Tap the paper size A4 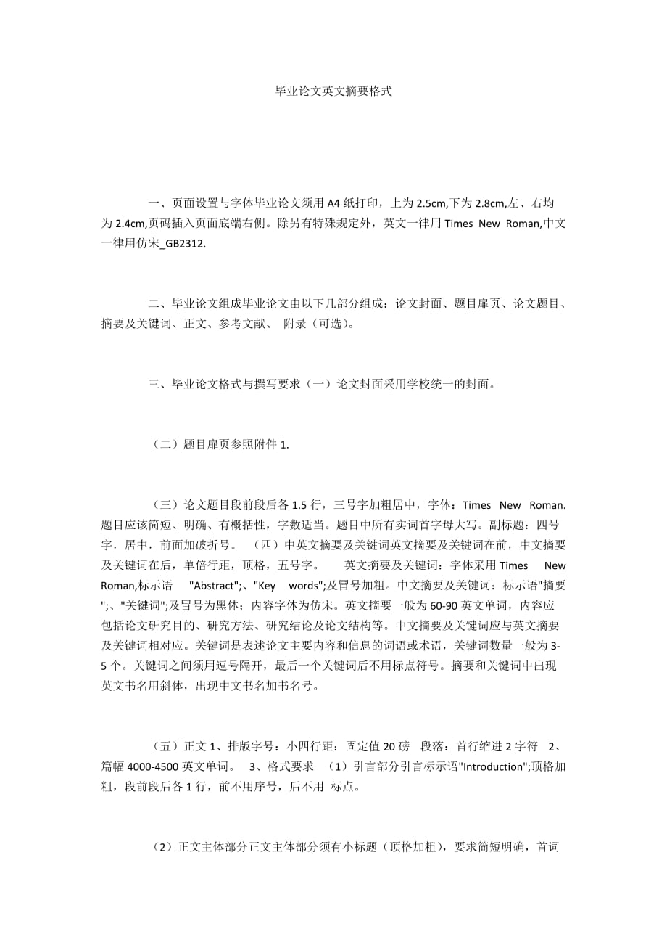pyautogui.click(x=333, y=202)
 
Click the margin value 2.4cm pyautogui.click(x=129, y=224)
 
